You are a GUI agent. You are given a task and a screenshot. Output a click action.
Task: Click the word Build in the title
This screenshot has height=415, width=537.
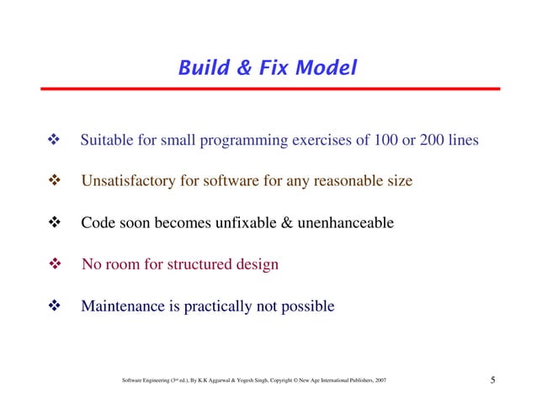click(x=199, y=67)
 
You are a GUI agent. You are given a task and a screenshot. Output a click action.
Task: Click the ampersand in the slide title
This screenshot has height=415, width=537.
click(x=242, y=67)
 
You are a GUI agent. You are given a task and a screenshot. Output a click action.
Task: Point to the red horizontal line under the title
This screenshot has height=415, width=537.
click(x=268, y=88)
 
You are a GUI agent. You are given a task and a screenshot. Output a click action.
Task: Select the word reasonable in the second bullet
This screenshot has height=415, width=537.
click(x=341, y=181)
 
